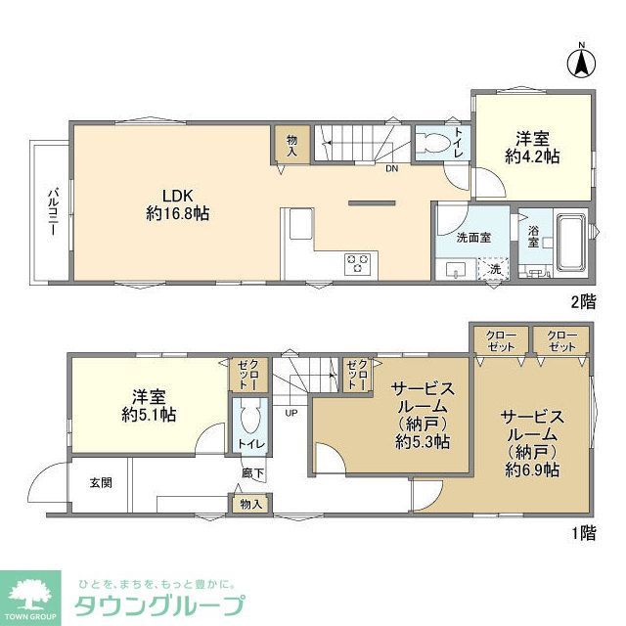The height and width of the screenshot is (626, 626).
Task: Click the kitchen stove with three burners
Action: click(358, 262)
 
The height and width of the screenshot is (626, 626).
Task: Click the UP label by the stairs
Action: click(291, 412)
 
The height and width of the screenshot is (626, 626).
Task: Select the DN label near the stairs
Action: click(391, 169)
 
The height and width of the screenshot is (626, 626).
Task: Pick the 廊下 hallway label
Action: click(252, 473)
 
